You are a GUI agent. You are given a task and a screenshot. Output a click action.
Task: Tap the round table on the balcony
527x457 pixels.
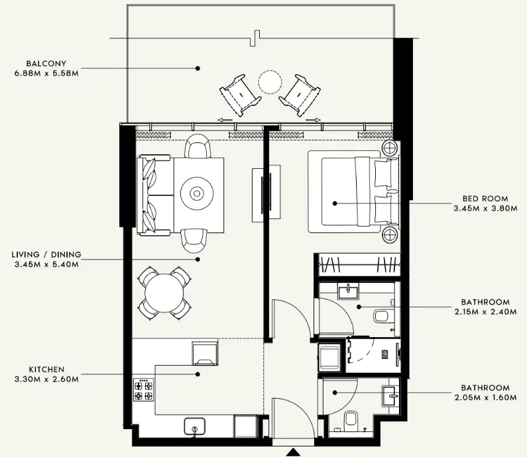tap(270, 83)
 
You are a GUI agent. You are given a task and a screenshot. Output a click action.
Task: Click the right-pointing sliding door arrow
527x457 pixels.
tap(314, 120)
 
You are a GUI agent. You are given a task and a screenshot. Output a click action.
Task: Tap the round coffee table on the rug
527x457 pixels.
tap(198, 194)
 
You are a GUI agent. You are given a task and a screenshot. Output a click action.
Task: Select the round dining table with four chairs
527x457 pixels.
tap(165, 292)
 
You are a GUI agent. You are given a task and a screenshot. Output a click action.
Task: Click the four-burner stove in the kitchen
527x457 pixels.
tap(143, 389)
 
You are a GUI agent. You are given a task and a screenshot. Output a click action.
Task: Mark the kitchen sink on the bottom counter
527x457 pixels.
tap(194, 427)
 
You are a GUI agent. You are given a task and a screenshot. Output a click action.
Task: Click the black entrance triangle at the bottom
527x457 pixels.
tap(292, 452)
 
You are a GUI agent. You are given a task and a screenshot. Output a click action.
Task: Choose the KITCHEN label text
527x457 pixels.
tap(47, 370)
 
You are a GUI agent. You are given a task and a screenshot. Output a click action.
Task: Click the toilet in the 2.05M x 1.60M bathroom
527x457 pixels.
tap(352, 420)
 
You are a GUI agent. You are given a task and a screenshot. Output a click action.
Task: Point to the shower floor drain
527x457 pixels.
tap(385, 354)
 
